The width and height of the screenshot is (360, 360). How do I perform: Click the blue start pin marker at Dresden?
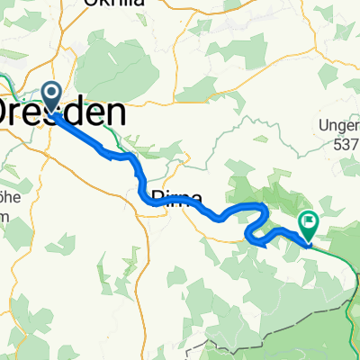coord(50,97)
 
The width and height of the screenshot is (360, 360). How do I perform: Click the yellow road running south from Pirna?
coord(147,270)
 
